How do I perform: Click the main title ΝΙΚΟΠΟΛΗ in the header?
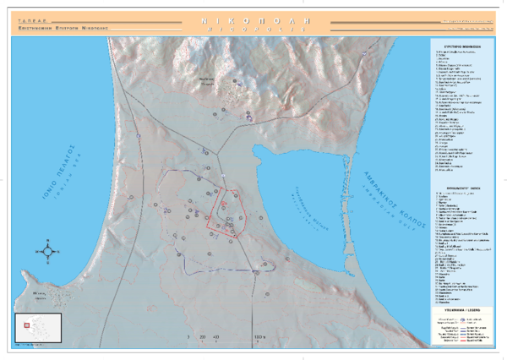click(253, 17)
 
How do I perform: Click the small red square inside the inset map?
click(26, 325)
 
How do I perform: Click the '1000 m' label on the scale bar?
click(259, 337)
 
